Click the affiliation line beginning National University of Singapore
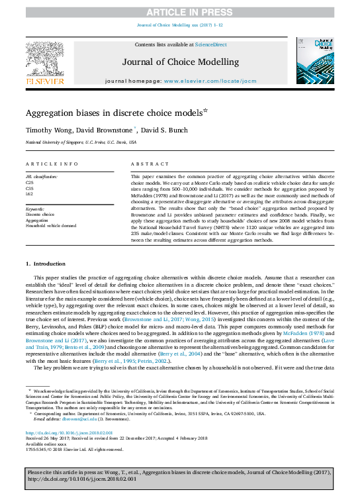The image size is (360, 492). (x=81, y=142)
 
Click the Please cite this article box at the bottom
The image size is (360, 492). (x=179, y=479)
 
